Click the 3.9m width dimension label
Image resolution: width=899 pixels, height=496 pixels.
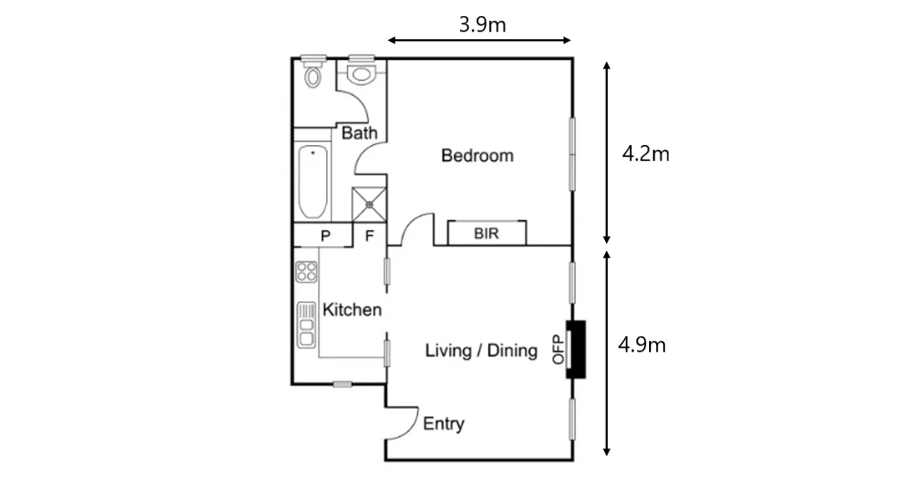(482, 25)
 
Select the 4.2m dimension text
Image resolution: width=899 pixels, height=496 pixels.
(646, 153)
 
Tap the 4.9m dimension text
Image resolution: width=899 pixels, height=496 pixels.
(641, 345)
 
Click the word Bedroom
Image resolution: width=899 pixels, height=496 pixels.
(477, 156)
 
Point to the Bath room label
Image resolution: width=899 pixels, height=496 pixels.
(359, 133)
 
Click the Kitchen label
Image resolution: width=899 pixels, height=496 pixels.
(352, 310)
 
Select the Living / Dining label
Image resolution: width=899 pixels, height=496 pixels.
(482, 350)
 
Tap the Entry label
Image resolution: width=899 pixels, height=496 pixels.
(444, 424)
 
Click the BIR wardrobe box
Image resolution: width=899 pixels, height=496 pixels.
(487, 233)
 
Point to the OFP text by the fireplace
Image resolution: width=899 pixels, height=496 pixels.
(558, 349)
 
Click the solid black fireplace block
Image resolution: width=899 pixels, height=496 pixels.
(576, 349)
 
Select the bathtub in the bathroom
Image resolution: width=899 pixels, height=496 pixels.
(313, 183)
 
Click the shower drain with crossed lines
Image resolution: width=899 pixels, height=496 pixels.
(369, 204)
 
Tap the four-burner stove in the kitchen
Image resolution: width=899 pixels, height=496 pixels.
(306, 272)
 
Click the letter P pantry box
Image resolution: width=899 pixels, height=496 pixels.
(325, 236)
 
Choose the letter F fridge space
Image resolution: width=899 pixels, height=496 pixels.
(370, 236)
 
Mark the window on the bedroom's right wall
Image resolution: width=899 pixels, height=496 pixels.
(572, 153)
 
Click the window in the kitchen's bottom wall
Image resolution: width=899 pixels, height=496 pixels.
(342, 384)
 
